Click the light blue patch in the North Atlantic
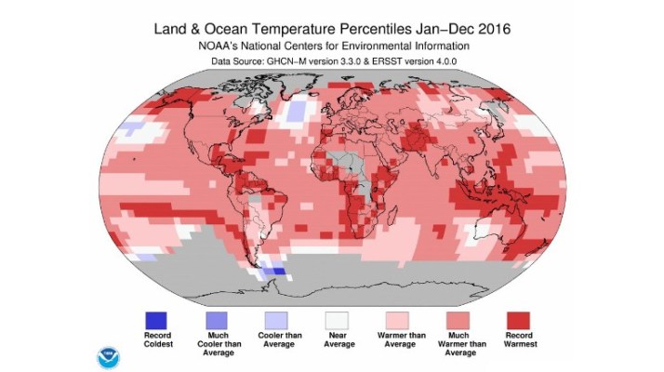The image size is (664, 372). (297, 112)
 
